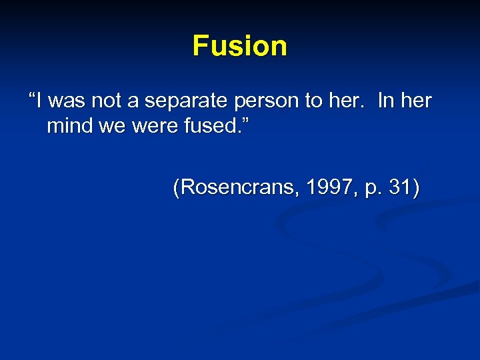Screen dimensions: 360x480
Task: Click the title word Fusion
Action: coord(240,46)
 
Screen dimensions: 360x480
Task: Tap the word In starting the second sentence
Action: coord(385,101)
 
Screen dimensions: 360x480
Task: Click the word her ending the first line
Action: coord(417,101)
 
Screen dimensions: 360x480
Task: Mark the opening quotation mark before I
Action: coord(32,97)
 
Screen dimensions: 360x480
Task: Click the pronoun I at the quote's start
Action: coord(40,101)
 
